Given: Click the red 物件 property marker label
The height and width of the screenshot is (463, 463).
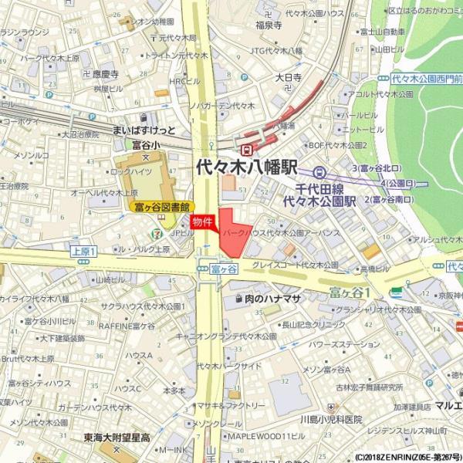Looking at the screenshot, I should click(x=202, y=221).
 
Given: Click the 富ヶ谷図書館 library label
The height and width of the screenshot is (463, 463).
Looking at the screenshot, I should click(x=162, y=207).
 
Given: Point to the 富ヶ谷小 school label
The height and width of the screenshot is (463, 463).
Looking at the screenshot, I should click(x=146, y=144).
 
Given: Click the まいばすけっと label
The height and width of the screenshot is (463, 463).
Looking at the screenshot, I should click(x=144, y=129).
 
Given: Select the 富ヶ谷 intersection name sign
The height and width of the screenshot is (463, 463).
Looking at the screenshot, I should click(x=224, y=269).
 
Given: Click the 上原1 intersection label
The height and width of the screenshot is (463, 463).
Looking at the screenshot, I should click(x=82, y=252).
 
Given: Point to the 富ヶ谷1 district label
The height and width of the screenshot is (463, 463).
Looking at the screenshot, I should click(x=351, y=292).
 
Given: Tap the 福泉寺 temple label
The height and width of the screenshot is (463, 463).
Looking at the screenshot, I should click(x=268, y=25).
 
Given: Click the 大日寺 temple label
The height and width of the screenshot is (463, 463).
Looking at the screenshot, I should click(x=288, y=77).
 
